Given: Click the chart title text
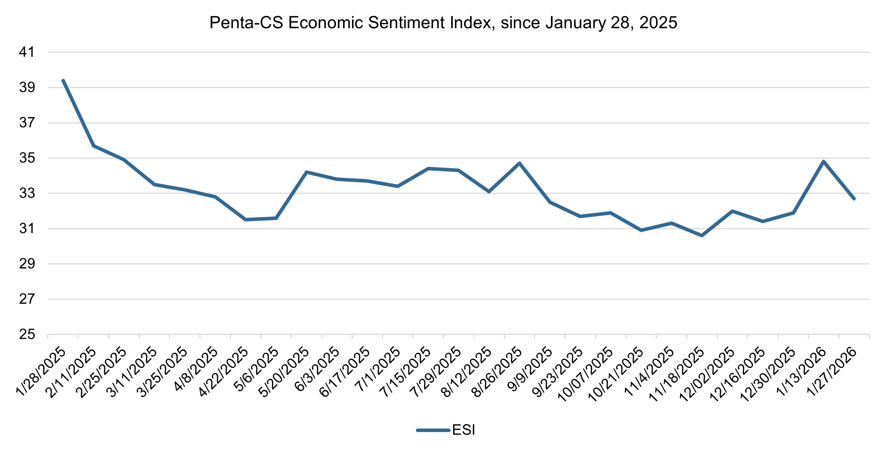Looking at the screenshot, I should click(443, 23).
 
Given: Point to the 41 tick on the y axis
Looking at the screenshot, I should click(27, 53).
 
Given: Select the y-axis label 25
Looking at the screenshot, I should click(27, 334).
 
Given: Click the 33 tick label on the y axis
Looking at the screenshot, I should click(27, 193).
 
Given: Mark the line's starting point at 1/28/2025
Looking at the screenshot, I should click(63, 81).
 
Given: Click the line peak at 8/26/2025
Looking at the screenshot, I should click(519, 163).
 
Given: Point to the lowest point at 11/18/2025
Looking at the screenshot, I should click(702, 236).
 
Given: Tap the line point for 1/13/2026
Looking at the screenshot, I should click(823, 161).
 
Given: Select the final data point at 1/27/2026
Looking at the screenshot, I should click(854, 199).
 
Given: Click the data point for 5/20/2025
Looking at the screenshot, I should click(307, 172).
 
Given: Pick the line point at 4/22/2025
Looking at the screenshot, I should click(246, 220).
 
